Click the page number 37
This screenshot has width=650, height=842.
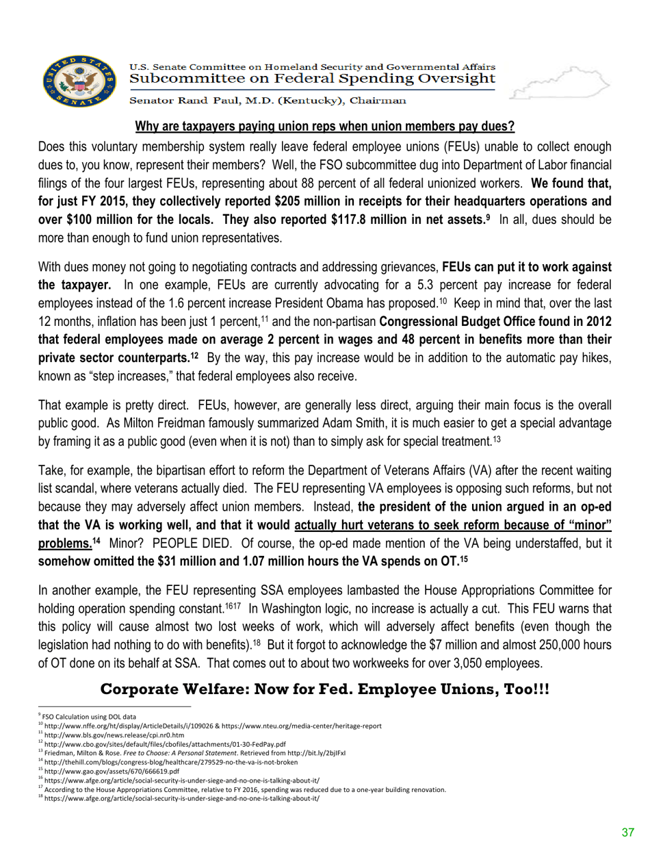(627, 831)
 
